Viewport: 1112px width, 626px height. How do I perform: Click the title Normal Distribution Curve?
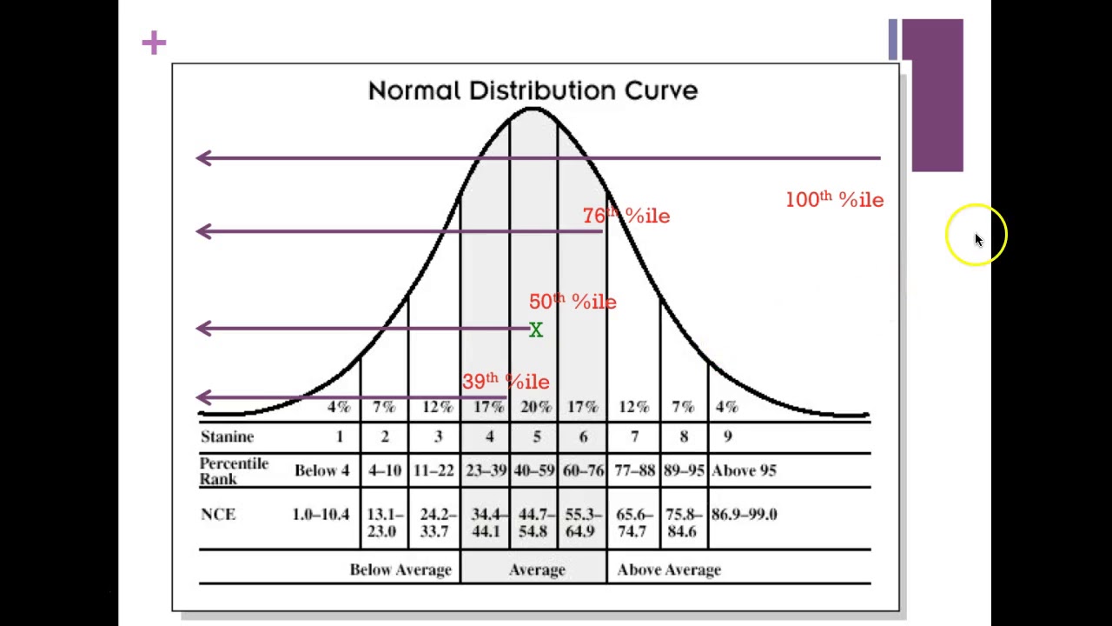point(533,90)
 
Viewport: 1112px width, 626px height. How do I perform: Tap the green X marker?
point(536,330)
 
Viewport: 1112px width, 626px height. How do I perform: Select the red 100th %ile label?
point(834,200)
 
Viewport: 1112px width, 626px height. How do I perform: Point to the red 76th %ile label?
point(626,216)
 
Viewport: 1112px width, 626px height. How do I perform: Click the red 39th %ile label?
point(506,382)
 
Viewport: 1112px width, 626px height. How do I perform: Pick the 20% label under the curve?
point(536,407)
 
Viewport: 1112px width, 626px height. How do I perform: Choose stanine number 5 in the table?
point(536,436)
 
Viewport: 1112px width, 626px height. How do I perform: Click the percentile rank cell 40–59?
point(534,470)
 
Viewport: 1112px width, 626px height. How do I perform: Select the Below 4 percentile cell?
point(321,470)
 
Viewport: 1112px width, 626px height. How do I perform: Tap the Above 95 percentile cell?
point(744,470)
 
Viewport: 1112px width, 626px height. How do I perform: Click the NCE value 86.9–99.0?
point(744,515)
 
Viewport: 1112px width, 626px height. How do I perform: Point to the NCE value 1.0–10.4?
point(321,515)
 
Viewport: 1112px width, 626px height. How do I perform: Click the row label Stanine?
point(227,436)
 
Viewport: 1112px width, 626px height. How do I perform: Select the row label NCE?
point(218,515)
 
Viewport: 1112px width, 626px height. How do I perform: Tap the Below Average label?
point(400,569)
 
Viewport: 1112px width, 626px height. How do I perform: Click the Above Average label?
point(669,569)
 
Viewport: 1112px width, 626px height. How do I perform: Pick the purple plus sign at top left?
point(154,43)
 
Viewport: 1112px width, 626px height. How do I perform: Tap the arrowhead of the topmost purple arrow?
point(203,157)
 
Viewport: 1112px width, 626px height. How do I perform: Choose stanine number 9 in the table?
point(727,436)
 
